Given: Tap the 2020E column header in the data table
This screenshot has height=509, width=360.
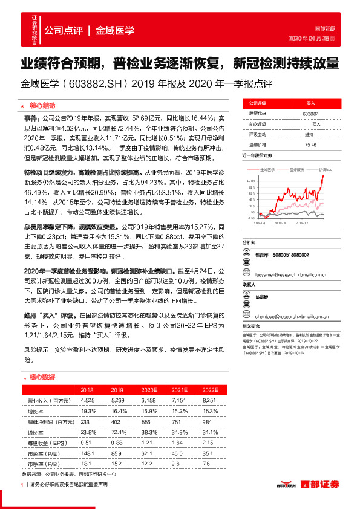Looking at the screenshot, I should tap(141, 391).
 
